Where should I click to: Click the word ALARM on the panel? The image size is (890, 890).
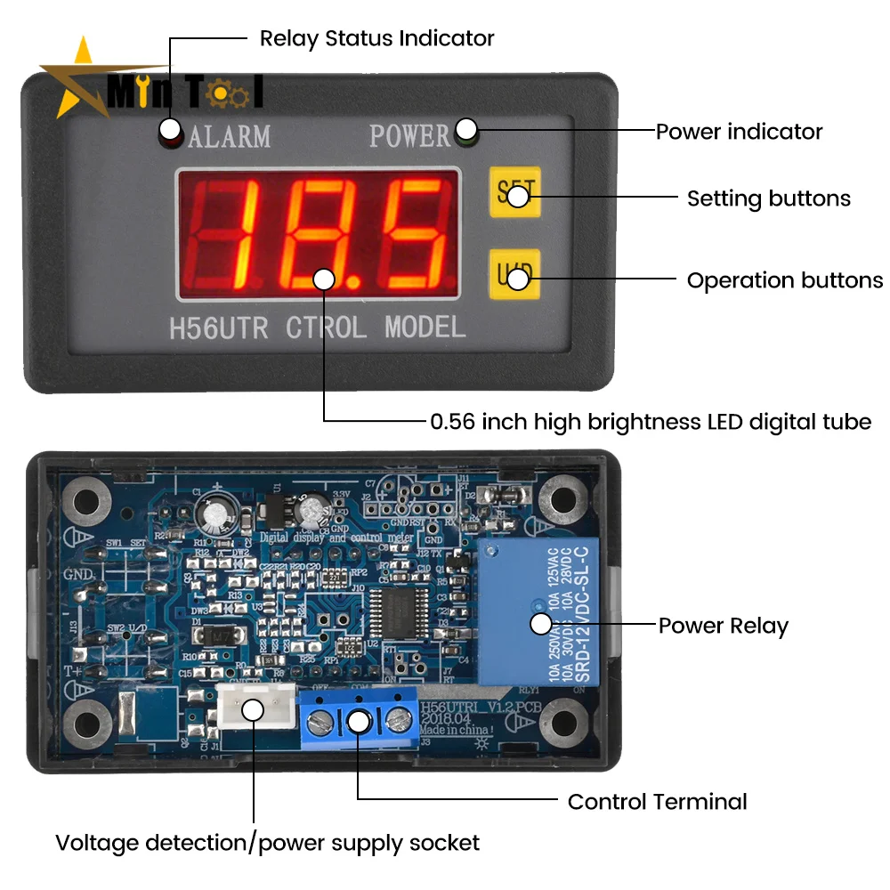tap(230, 136)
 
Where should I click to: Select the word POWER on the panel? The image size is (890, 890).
tap(410, 136)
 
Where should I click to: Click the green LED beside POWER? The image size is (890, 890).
tap(465, 133)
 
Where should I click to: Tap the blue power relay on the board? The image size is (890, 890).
tap(538, 613)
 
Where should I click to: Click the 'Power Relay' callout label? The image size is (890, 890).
tap(723, 626)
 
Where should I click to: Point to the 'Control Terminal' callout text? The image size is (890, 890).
tap(657, 802)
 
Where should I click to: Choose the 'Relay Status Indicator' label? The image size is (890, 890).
tap(376, 38)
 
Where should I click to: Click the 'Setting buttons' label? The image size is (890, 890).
tap(768, 198)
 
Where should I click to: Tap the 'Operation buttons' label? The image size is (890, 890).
tap(784, 280)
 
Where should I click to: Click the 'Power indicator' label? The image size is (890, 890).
tap(739, 132)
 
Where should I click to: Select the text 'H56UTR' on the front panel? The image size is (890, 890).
tap(218, 328)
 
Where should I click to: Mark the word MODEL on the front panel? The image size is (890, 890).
tap(425, 328)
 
